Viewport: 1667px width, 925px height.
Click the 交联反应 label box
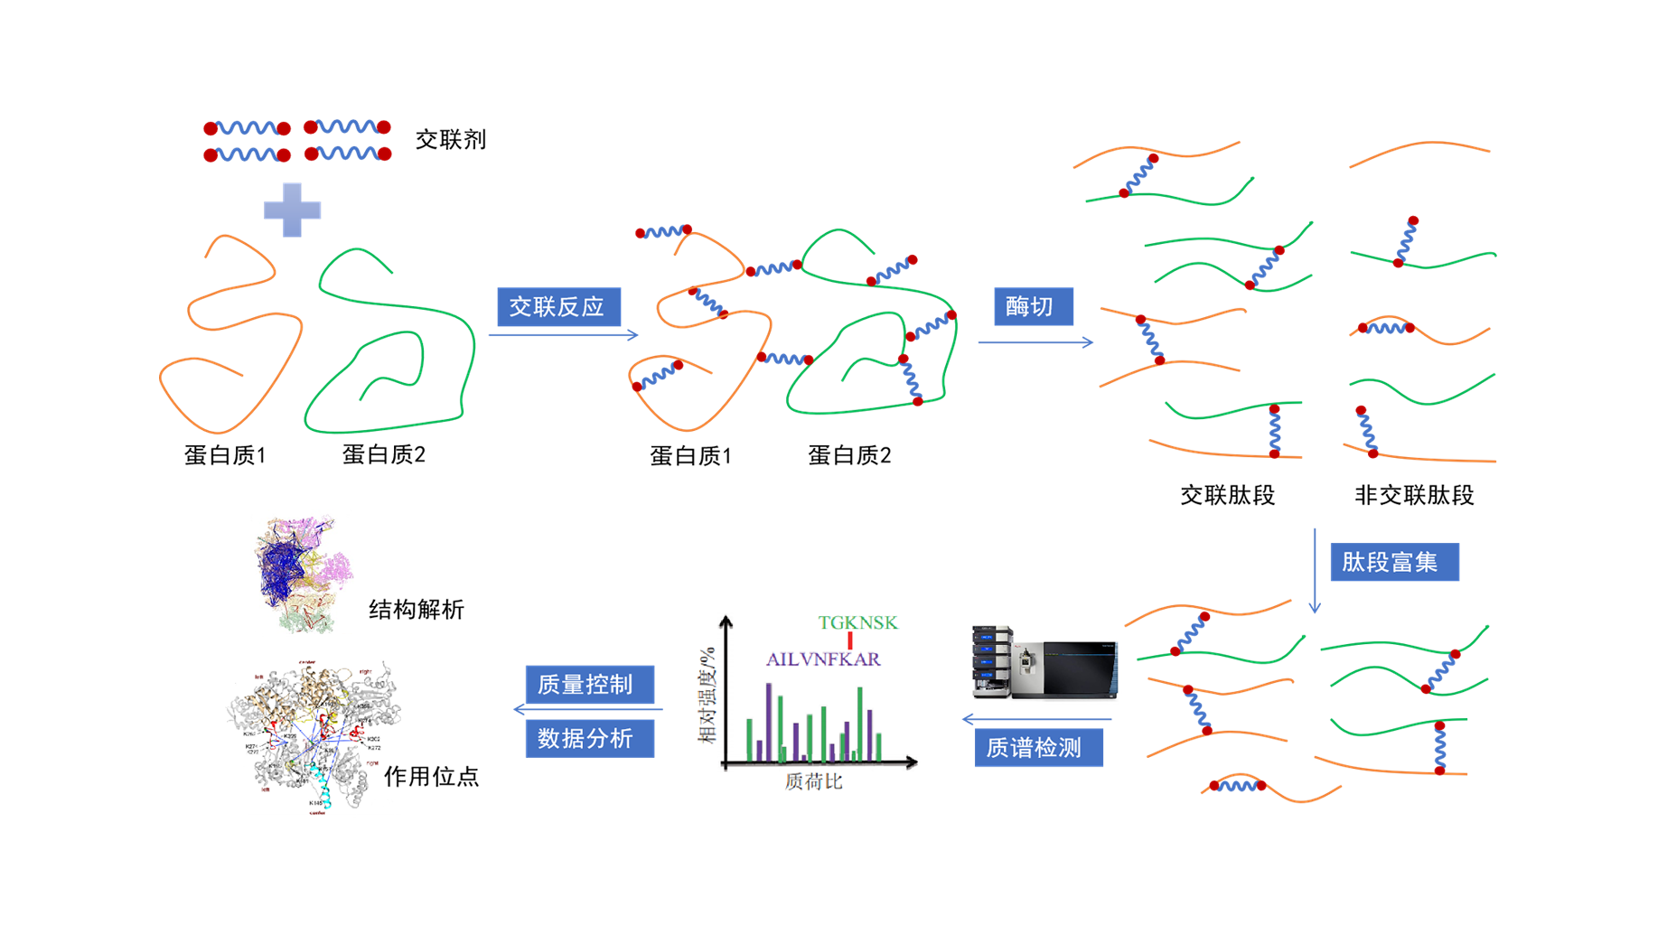558,307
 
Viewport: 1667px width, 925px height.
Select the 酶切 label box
1033,306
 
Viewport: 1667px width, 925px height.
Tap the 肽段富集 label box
1393,562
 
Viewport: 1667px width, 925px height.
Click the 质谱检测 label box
1038,748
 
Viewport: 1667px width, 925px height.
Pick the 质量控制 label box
589,684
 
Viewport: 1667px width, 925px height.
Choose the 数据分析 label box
589,738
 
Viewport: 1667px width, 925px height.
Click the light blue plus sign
292,210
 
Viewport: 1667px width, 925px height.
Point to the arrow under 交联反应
563,335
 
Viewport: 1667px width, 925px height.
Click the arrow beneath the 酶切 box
1035,342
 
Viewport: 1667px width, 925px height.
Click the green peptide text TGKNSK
857,622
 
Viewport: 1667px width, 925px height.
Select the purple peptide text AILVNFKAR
823,659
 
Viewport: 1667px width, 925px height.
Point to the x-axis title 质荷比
813,781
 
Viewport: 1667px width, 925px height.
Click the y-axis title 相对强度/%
707,695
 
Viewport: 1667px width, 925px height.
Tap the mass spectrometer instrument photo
1044,662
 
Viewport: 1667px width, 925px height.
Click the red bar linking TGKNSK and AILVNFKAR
850,640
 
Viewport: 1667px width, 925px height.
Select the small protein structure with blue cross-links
300,570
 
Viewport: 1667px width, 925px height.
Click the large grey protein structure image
314,737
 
